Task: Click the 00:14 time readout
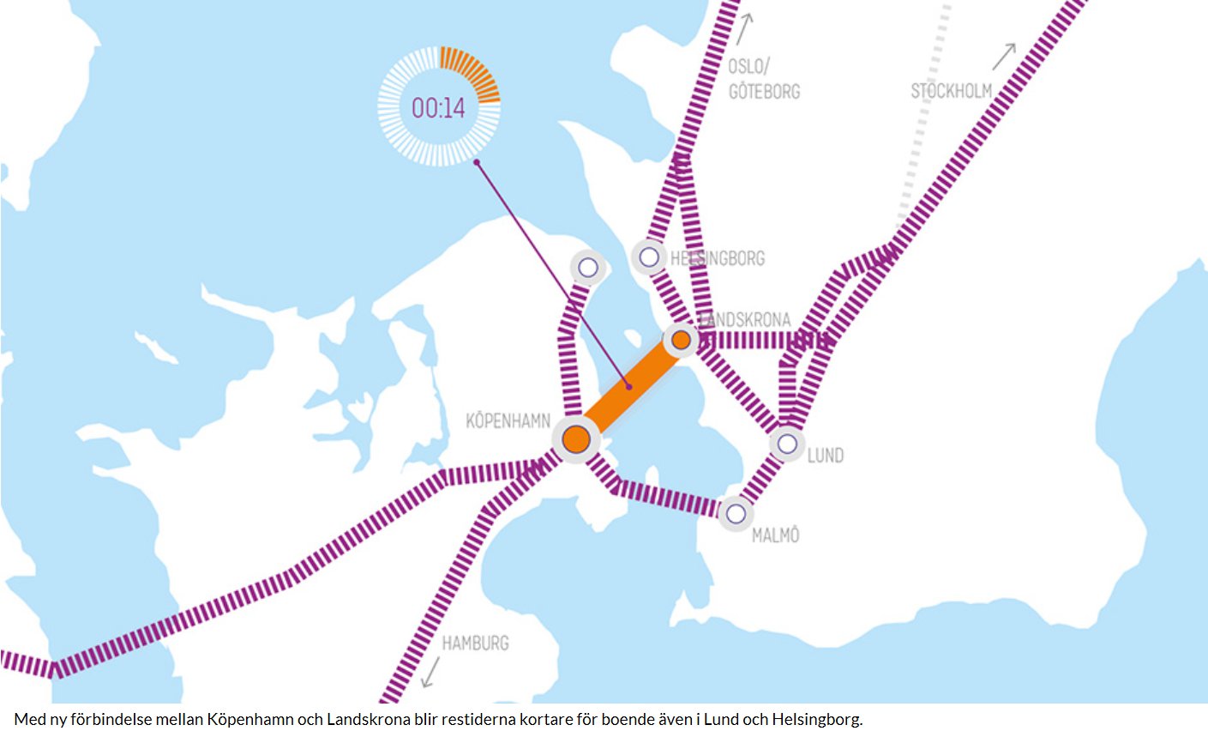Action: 438,108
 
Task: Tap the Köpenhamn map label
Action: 508,421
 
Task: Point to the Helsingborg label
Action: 718,258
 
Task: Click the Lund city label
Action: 825,456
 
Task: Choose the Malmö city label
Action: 775,535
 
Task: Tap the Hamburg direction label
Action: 475,643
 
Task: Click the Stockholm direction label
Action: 951,90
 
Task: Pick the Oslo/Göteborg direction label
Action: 763,79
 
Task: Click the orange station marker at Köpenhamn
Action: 576,439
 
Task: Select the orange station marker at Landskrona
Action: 681,340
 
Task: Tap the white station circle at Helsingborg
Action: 649,257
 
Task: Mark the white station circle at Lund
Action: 787,444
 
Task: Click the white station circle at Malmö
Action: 736,514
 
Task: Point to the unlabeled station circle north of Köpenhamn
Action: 587,268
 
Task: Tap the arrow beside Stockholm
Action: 1004,57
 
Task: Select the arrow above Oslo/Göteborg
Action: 744,28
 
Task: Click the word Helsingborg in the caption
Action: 816,719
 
